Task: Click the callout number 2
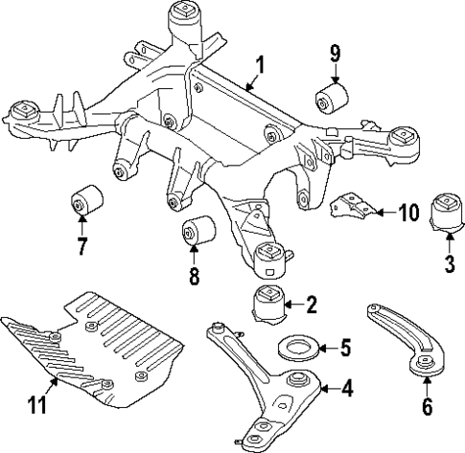tap(311, 306)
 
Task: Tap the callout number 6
tap(428, 405)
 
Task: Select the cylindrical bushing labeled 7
tap(89, 201)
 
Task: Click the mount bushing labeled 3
tap(447, 214)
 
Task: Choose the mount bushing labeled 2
tap(269, 303)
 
